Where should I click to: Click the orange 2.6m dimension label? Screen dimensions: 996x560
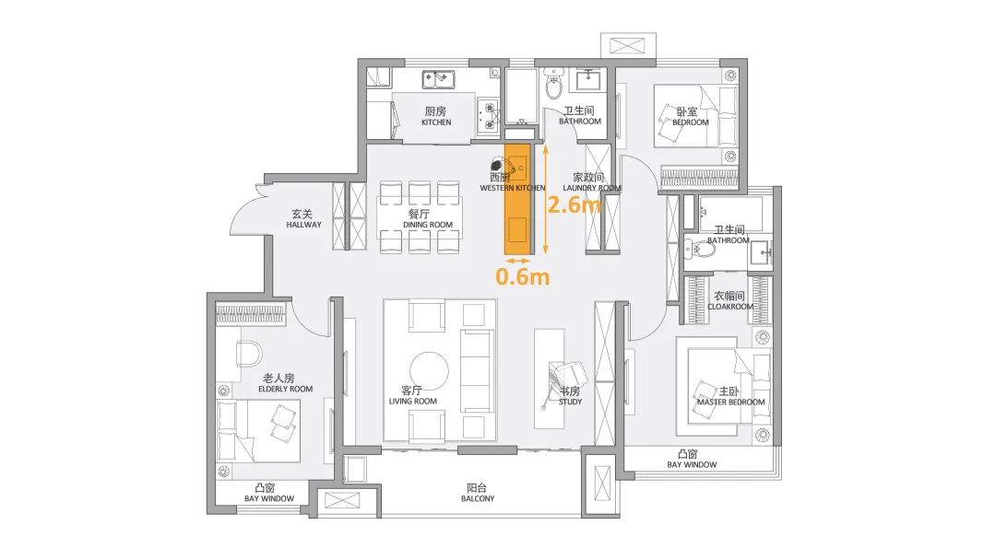coord(575,204)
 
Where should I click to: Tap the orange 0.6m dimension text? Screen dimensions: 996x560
coord(522,276)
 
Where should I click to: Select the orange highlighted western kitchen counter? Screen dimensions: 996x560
coord(517,199)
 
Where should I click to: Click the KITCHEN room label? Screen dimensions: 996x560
coord(436,122)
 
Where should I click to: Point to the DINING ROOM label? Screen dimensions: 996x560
coord(428,225)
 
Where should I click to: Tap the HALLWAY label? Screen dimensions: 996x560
coord(303,225)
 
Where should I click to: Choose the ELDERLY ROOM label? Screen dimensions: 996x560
coord(285,389)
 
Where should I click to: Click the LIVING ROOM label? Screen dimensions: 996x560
coord(413,401)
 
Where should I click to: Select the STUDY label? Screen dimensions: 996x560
coord(571,402)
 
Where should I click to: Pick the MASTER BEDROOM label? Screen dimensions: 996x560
coord(731,402)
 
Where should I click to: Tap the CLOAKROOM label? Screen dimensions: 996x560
coord(730,307)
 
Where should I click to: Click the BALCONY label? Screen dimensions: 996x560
coord(478,498)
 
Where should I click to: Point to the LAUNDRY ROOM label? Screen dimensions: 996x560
coord(592,188)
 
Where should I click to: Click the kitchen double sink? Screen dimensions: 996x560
coord(438,79)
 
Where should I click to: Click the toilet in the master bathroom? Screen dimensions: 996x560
coord(699,250)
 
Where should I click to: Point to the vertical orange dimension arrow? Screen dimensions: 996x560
coord(545,199)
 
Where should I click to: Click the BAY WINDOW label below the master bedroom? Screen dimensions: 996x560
coord(692,464)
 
